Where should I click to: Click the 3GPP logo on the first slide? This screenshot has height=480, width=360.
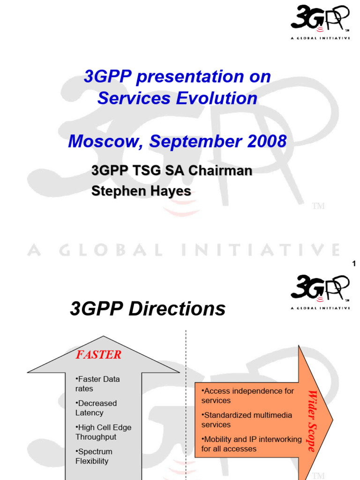[x=320, y=21]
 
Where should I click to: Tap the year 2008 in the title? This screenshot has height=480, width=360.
[x=263, y=141]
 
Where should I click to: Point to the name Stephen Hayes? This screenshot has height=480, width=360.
[x=141, y=191]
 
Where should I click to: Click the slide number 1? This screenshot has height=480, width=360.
[x=354, y=264]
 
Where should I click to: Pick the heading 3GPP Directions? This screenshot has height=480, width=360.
[x=148, y=309]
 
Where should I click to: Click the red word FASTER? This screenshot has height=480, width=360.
[x=98, y=355]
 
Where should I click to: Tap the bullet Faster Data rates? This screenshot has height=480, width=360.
[x=97, y=384]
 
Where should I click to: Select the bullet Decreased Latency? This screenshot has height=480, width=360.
[x=96, y=408]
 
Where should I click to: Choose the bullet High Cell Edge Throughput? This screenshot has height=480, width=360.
[x=103, y=432]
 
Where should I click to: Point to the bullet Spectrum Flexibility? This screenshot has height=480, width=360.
[x=94, y=456]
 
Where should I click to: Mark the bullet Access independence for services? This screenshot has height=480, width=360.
[x=247, y=396]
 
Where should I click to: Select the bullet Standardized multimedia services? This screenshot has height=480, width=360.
[x=247, y=420]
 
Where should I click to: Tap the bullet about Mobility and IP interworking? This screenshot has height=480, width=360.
[x=251, y=444]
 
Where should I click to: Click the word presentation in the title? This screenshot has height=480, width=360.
[x=190, y=77]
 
